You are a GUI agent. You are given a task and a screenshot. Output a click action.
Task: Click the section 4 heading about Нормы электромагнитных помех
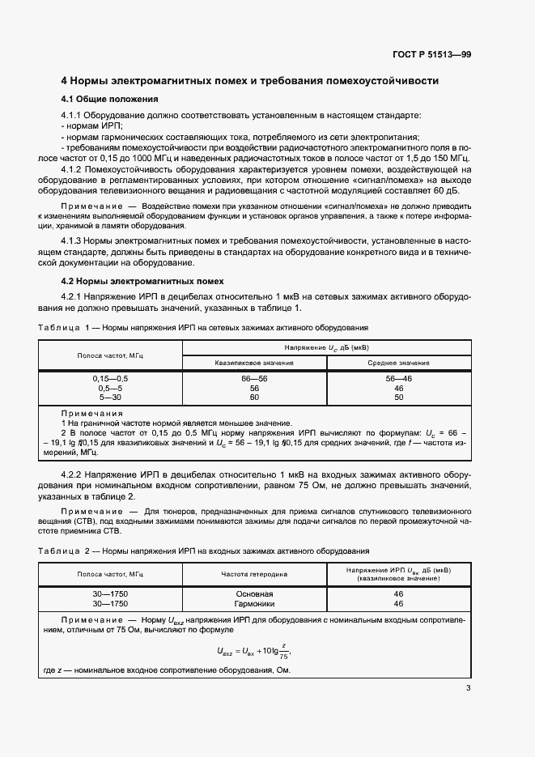(250, 81)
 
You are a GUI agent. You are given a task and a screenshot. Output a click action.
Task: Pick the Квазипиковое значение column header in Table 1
(253, 362)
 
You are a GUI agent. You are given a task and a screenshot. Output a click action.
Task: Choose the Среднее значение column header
(398, 362)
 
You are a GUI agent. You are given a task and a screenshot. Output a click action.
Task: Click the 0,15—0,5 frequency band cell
(111, 378)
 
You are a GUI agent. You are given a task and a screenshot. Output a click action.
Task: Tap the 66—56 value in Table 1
(253, 378)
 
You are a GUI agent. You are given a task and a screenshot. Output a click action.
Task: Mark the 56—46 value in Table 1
(398, 378)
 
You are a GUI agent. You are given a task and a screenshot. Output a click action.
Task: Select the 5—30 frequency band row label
(111, 398)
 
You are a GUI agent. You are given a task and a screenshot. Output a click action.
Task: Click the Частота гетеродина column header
(253, 574)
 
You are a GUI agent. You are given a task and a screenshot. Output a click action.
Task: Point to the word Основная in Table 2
(253, 593)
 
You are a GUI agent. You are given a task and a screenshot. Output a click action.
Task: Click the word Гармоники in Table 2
(253, 603)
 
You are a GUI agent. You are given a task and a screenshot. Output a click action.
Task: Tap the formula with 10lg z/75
(253, 650)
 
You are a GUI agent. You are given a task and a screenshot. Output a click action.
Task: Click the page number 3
(468, 688)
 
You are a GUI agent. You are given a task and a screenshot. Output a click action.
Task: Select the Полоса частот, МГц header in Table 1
(111, 355)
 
